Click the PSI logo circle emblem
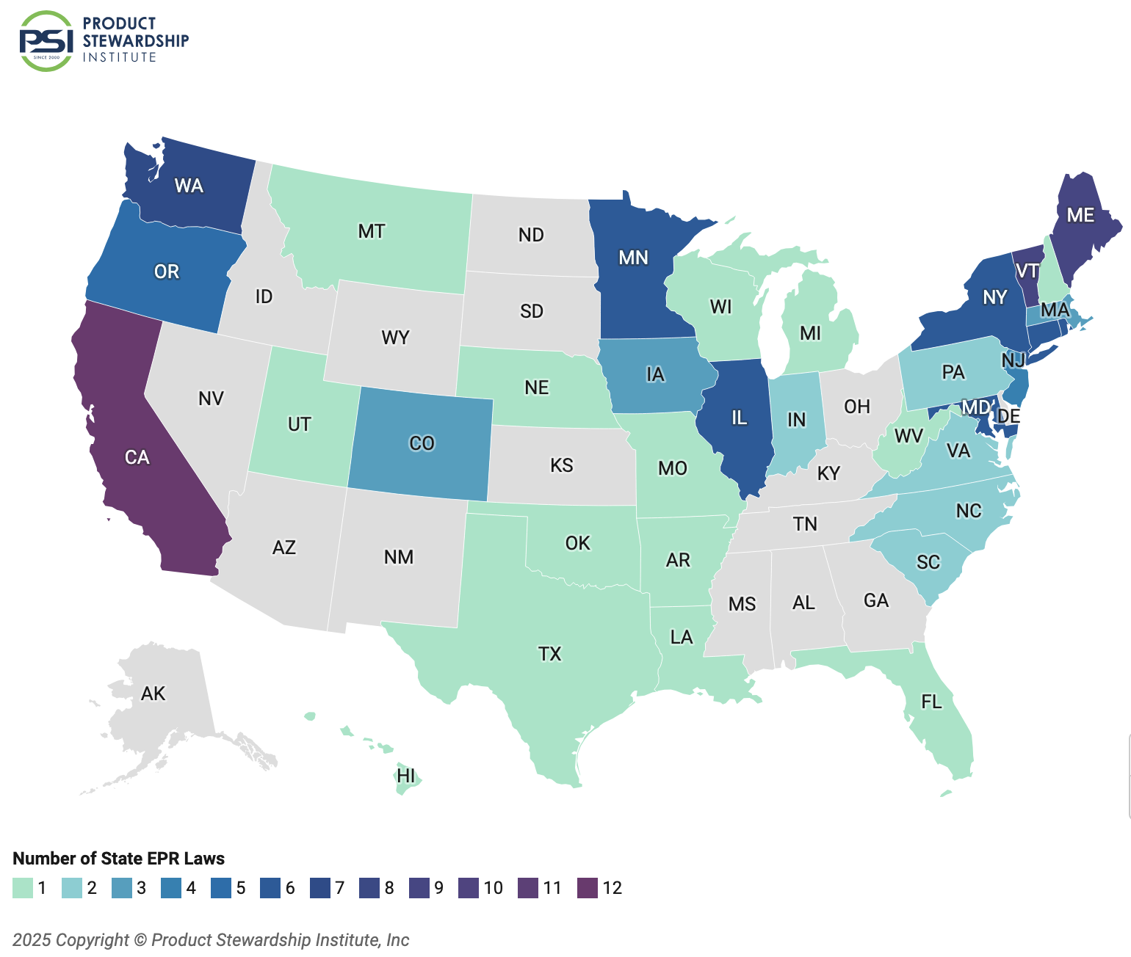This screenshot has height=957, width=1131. pyautogui.click(x=46, y=41)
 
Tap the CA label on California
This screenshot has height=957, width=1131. pyautogui.click(x=137, y=458)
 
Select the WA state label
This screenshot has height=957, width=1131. pyautogui.click(x=189, y=186)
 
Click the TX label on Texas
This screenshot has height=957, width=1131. pyautogui.click(x=549, y=654)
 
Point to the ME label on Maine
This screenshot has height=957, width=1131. pyautogui.click(x=1080, y=215)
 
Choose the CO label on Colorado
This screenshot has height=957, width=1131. pyautogui.click(x=422, y=443)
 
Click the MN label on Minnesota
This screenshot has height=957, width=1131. pyautogui.click(x=633, y=258)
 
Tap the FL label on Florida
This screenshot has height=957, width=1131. pyautogui.click(x=931, y=702)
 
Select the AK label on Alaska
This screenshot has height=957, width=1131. pyautogui.click(x=153, y=694)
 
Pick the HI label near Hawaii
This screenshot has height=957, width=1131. pyautogui.click(x=406, y=776)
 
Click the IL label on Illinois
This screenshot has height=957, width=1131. pyautogui.click(x=739, y=418)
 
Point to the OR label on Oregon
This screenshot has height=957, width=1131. pyautogui.click(x=167, y=272)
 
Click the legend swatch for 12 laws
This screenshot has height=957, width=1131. pyautogui.click(x=588, y=888)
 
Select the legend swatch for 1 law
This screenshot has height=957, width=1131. pyautogui.click(x=23, y=888)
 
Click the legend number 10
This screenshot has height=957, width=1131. pyautogui.click(x=494, y=888)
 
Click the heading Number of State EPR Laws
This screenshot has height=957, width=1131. pyautogui.click(x=118, y=859)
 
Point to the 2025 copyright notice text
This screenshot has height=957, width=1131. pyautogui.click(x=211, y=940)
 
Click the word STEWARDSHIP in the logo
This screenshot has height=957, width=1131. pyautogui.click(x=136, y=41)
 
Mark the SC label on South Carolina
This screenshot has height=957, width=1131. pyautogui.click(x=928, y=562)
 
